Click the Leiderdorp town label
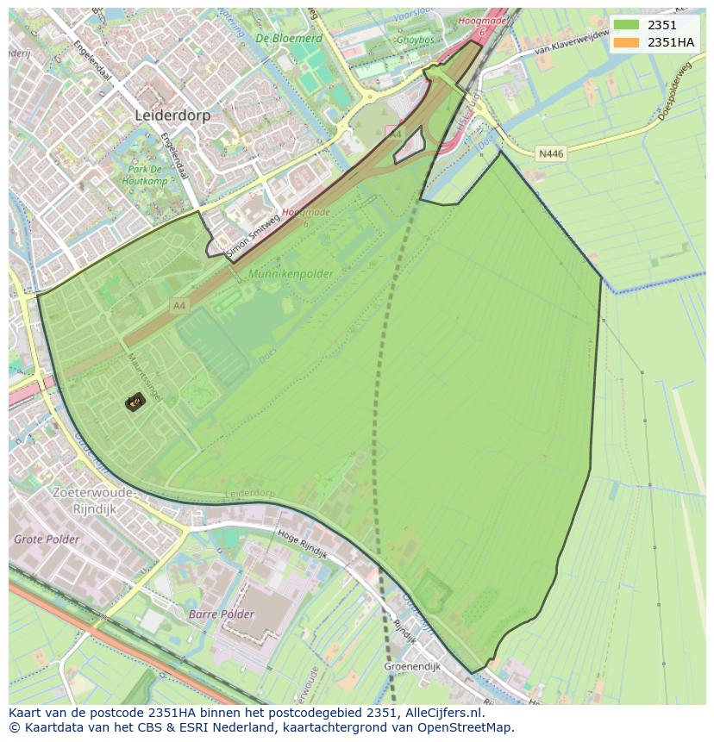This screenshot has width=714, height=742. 172,115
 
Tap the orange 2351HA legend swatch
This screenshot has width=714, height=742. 628,42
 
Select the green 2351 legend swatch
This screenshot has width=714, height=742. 628,25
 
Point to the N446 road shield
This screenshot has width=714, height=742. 550,153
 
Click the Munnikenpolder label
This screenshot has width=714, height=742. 290,273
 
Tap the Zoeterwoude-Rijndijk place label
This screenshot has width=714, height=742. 94,500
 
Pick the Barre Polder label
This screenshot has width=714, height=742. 222,614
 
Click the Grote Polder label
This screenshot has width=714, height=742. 46,539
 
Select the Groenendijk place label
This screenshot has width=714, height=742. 412,666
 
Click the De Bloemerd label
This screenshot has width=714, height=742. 289,39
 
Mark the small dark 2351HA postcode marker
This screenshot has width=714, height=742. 135,402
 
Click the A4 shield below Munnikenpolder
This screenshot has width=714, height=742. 178,305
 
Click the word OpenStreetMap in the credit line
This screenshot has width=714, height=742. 468,727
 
